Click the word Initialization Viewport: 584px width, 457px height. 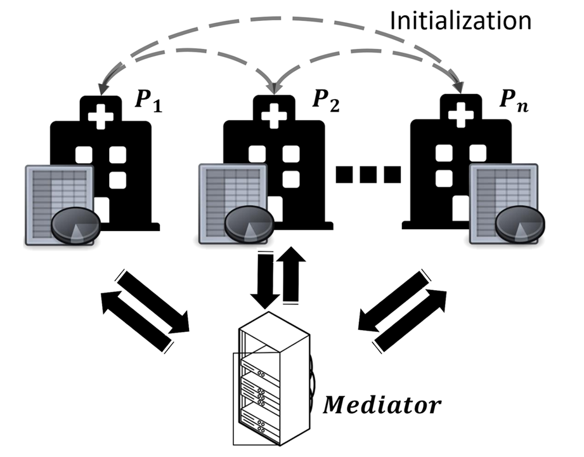(460, 21)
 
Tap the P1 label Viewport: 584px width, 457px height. (148, 101)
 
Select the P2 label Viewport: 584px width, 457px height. (325, 101)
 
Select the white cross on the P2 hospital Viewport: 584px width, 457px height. (274, 116)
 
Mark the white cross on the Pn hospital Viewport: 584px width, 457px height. (460, 116)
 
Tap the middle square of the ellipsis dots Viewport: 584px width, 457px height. (368, 173)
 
